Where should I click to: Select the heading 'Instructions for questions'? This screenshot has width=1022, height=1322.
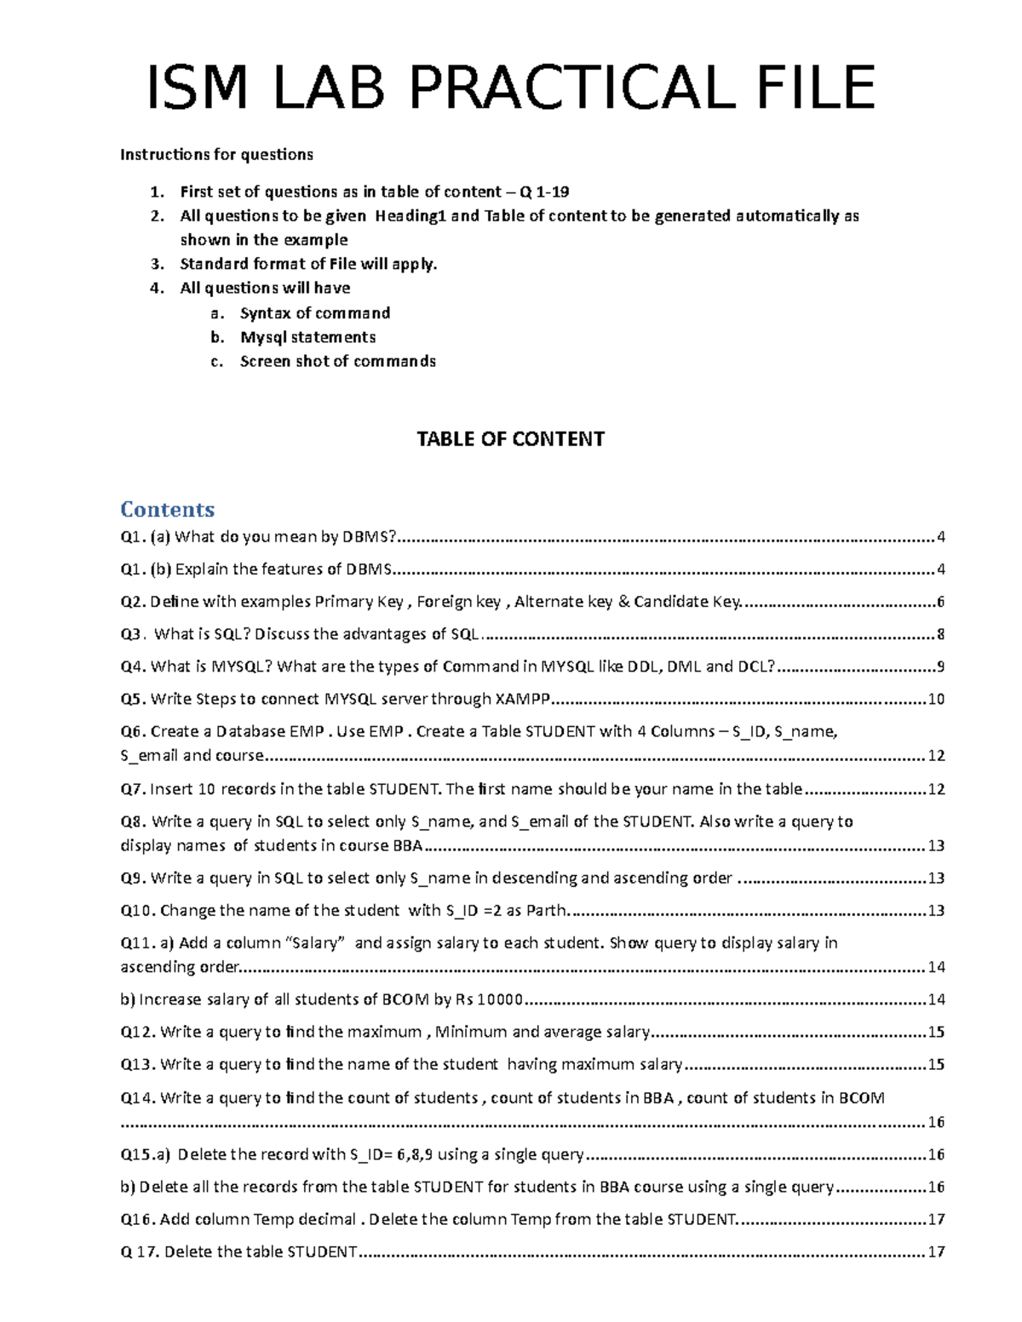pos(216,155)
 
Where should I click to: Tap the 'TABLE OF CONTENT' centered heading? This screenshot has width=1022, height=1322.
pos(510,439)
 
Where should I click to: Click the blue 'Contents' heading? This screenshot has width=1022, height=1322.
pos(167,509)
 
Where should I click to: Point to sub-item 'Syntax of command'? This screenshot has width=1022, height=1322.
pos(314,313)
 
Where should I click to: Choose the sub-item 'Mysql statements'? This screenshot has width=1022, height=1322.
pos(307,337)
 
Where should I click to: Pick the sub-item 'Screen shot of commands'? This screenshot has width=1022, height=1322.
pos(337,362)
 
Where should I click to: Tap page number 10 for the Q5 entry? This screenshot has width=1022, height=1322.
pos(936,700)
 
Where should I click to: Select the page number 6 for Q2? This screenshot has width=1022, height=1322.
pos(940,602)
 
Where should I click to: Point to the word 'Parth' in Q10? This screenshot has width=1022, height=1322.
pos(546,911)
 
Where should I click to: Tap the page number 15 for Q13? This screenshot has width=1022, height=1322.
pos(936,1065)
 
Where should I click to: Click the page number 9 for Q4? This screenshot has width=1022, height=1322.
pos(940,667)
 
